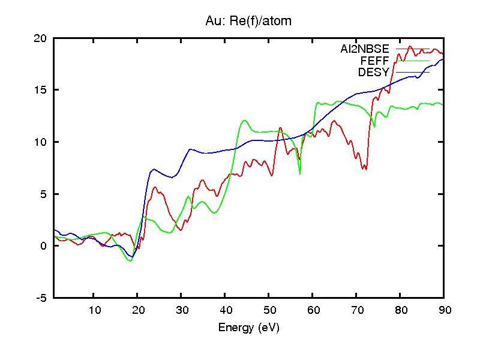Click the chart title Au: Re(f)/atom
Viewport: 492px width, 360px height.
point(248,22)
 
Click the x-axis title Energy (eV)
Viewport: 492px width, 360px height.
point(248,328)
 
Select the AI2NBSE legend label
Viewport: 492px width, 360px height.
point(365,49)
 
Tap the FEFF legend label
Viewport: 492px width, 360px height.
point(375,61)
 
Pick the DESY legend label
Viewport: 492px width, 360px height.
point(374,73)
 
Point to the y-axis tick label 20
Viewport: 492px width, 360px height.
point(41,38)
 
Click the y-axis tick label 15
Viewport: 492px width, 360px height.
point(41,90)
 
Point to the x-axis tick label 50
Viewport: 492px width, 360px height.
point(269,310)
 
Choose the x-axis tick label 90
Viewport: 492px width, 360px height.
point(444,310)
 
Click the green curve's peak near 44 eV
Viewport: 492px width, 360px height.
point(244,121)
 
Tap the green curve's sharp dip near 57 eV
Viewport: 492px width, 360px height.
point(300,173)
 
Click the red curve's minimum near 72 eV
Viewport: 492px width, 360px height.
point(364,170)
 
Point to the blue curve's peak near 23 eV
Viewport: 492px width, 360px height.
point(154,169)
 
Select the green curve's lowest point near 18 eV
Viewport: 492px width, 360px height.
point(130,260)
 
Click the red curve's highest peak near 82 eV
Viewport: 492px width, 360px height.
point(410,46)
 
